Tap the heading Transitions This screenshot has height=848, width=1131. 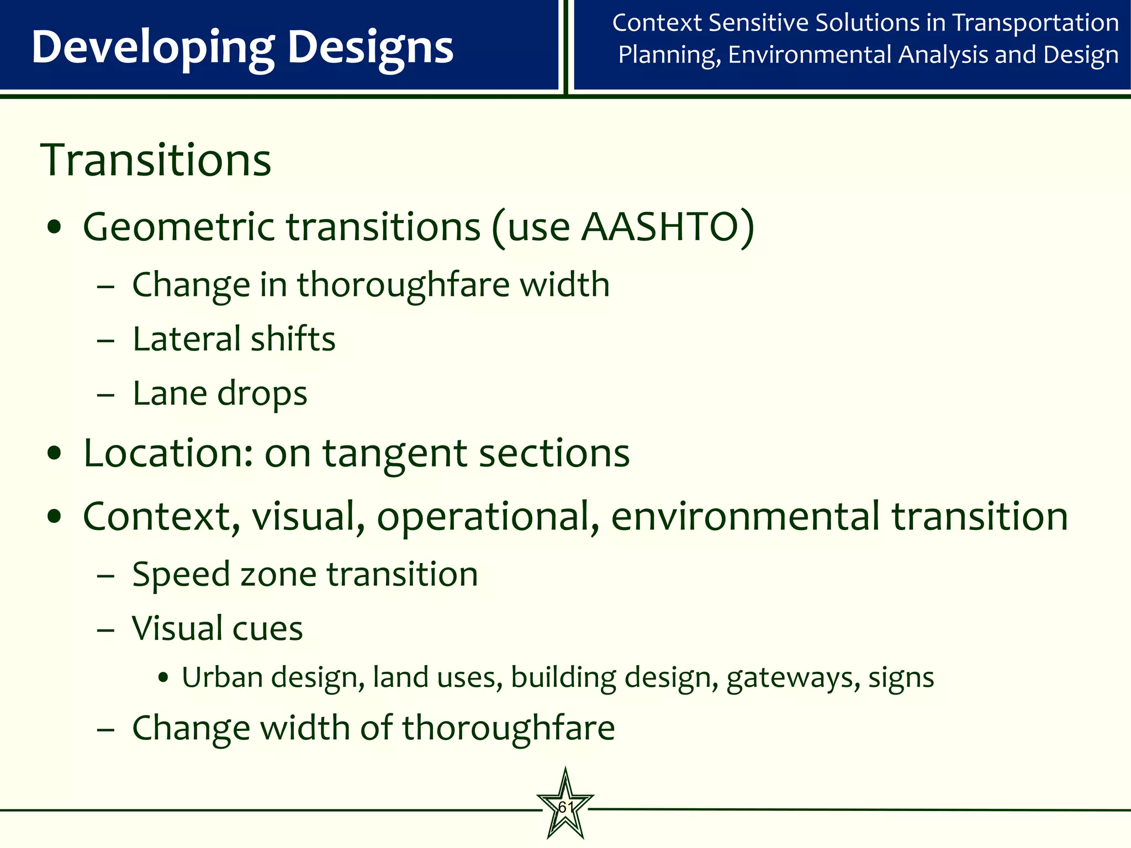coord(156,160)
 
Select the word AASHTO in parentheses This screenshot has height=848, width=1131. coord(660,227)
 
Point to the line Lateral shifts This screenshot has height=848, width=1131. coord(234,339)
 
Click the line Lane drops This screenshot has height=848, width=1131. coord(220,394)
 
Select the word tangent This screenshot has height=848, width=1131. coord(395,453)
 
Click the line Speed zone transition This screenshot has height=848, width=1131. coord(305,574)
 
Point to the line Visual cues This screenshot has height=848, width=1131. coord(218,629)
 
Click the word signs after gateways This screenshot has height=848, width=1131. coord(901,678)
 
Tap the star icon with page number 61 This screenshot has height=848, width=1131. coord(565,807)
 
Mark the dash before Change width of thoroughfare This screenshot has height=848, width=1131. coord(105,729)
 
